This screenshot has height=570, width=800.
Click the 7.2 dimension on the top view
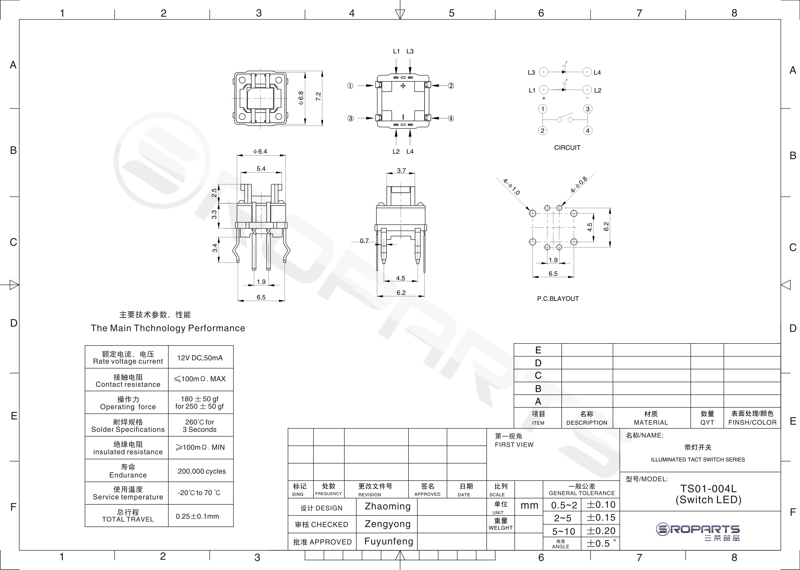pyautogui.click(x=318, y=97)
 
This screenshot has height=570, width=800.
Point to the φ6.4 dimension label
pyautogui.click(x=260, y=152)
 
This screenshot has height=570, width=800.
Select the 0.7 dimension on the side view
pyautogui.click(x=364, y=241)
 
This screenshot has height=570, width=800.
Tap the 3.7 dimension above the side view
pyautogui.click(x=401, y=171)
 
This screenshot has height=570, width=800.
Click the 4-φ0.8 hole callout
pyautogui.click(x=579, y=185)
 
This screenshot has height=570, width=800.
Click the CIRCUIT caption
pyautogui.click(x=567, y=148)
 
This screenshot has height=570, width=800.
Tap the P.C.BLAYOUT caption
pyautogui.click(x=558, y=299)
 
